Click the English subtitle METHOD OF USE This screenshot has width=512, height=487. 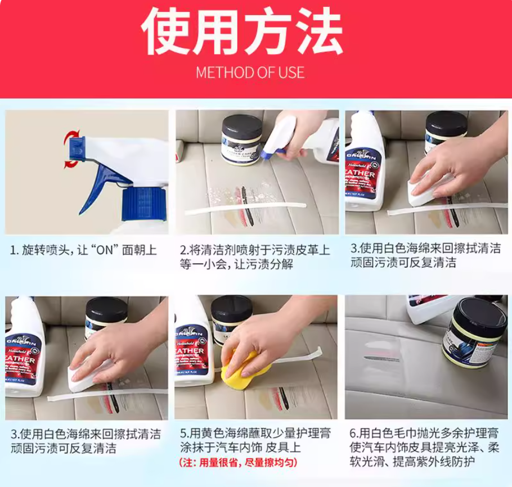(250, 73)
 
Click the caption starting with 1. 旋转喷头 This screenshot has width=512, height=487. (83, 250)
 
